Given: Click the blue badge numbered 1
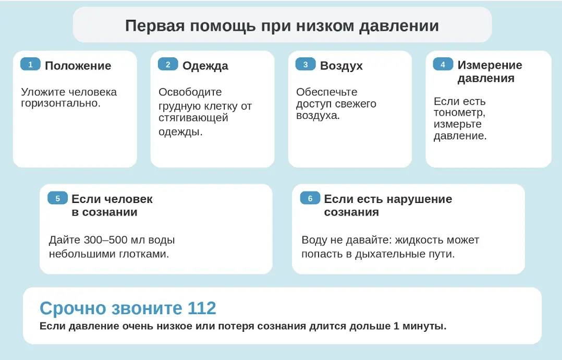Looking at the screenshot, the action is (30, 65).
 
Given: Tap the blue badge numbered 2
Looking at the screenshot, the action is (168, 65).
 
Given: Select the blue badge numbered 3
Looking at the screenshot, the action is (306, 65).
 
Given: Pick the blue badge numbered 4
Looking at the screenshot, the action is (443, 65).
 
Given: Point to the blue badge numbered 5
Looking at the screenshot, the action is (58, 198).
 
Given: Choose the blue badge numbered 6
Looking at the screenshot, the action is (310, 198).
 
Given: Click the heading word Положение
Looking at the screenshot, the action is (78, 66).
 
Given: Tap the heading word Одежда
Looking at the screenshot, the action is (205, 66).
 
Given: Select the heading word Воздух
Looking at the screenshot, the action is (341, 66).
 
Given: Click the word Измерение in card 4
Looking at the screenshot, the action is (490, 65).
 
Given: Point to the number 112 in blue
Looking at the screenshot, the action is (202, 308).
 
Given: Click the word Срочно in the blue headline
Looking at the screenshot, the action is (73, 308).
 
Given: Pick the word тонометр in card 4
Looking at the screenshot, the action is (458, 113).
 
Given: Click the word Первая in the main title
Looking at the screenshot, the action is (154, 26).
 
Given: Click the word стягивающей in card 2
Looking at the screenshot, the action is (193, 117).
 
